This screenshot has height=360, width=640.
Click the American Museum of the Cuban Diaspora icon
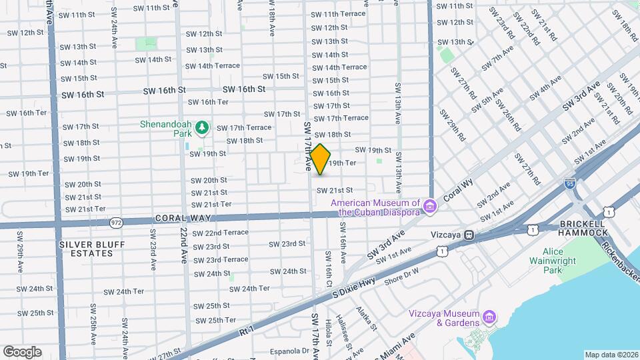[x=430, y=207]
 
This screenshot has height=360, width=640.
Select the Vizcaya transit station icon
[x=469, y=235]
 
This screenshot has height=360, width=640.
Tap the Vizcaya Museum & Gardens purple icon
[x=489, y=315]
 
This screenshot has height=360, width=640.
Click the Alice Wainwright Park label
[x=547, y=261]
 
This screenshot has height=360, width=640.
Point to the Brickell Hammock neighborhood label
[x=583, y=227]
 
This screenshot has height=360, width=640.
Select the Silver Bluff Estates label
[x=88, y=249]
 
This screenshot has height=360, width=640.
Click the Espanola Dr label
[x=291, y=351]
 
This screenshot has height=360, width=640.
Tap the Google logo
[x=22, y=352]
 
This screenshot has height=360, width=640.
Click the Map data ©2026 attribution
[x=611, y=355]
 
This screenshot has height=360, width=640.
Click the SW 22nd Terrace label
[x=220, y=233]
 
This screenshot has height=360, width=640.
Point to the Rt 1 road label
[x=245, y=329]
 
